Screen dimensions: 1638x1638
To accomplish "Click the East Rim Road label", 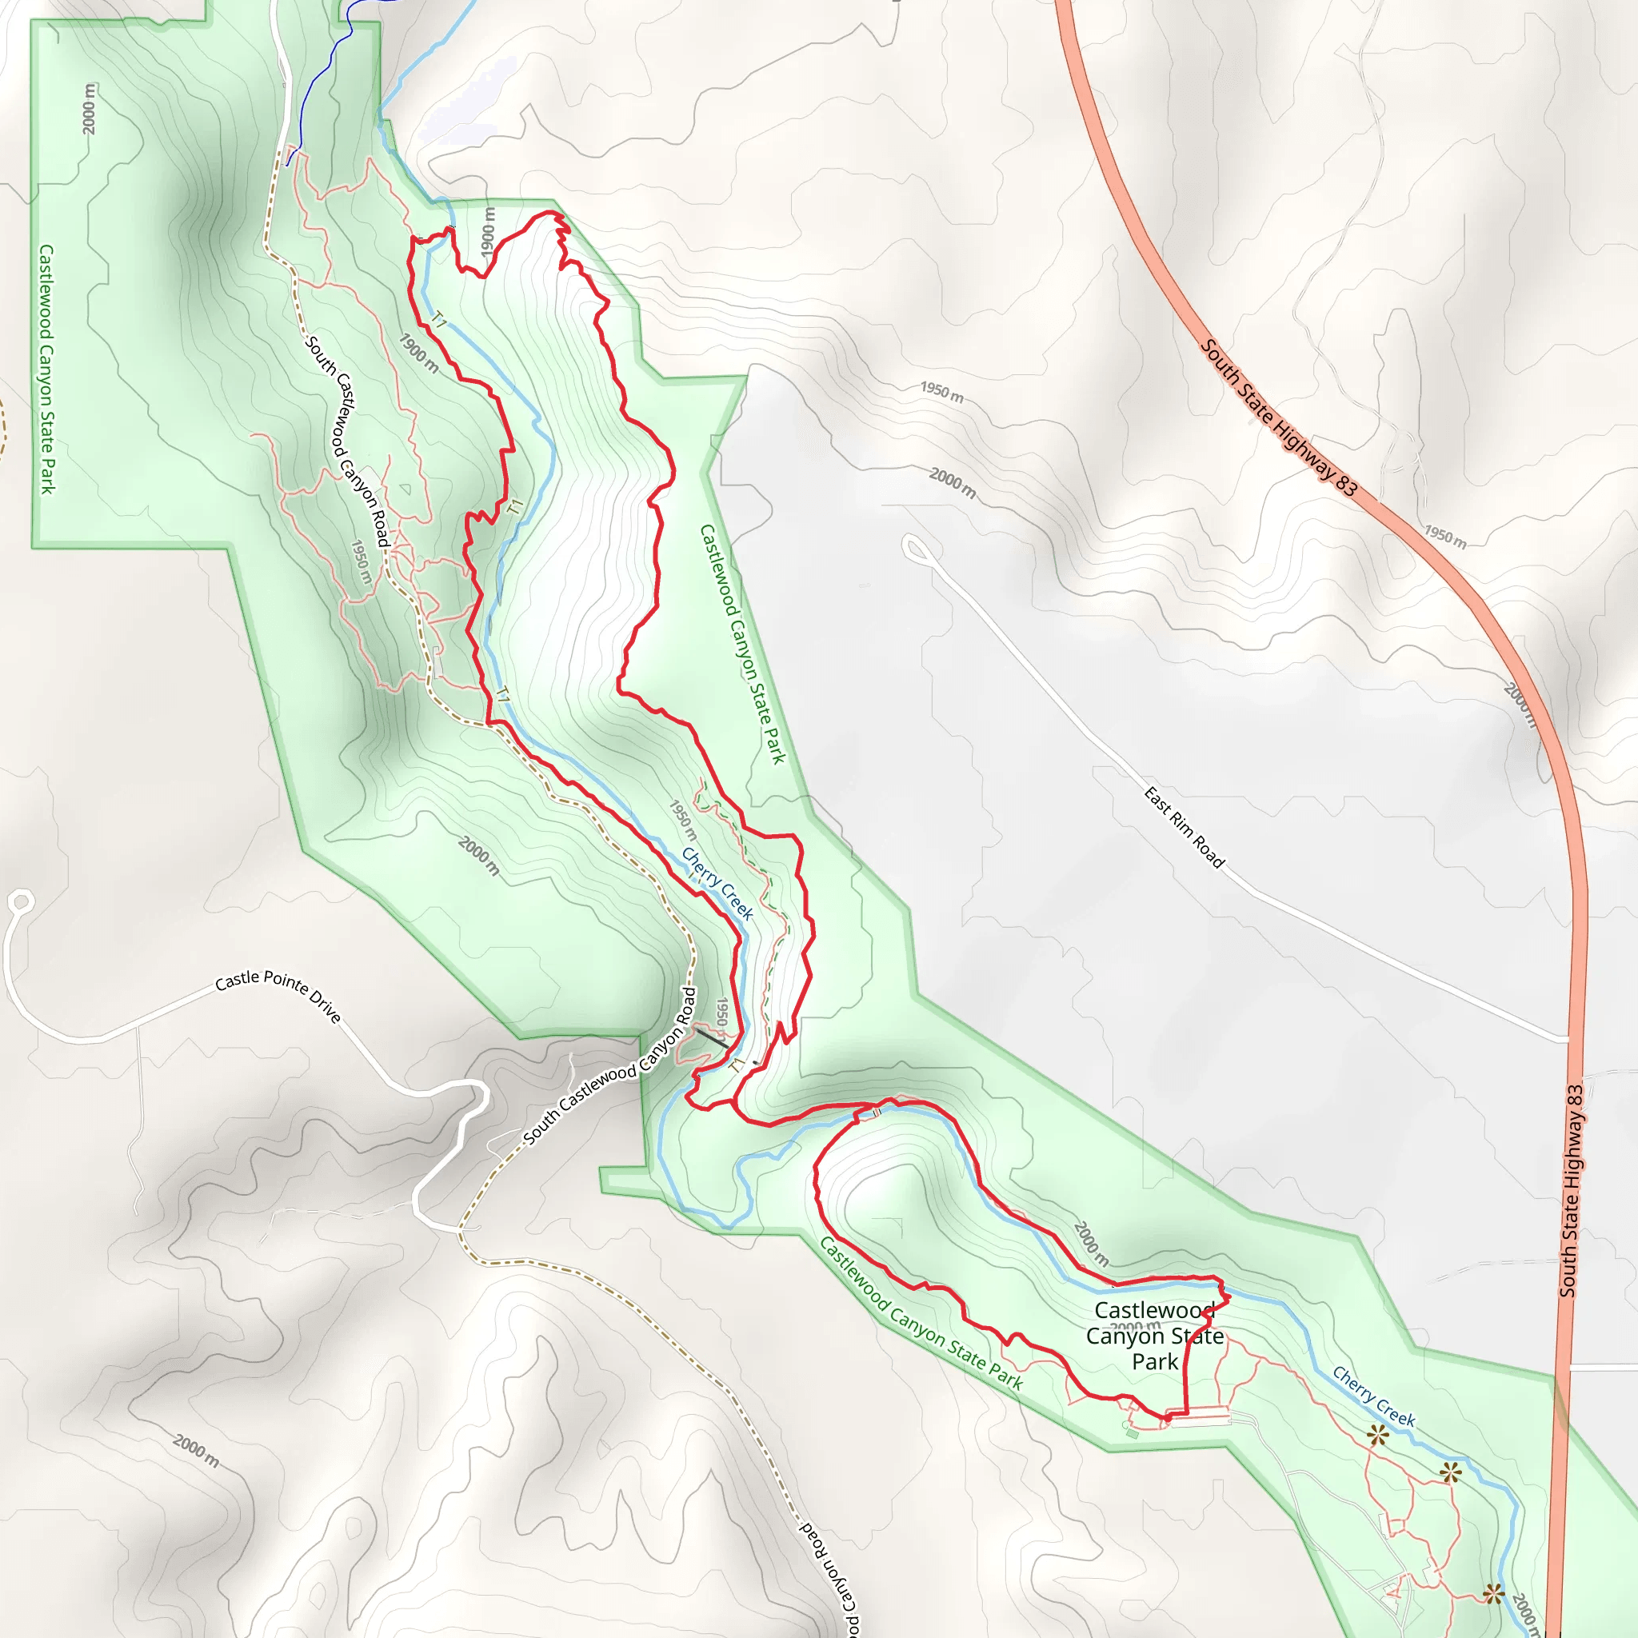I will (1184, 828).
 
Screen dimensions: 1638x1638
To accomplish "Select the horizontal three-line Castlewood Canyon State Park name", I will (1155, 1336).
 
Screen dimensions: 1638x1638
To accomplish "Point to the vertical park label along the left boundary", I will (46, 369).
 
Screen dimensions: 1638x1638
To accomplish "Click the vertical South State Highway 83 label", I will (1571, 1190).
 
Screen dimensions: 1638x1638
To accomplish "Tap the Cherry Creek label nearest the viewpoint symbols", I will (1373, 1396).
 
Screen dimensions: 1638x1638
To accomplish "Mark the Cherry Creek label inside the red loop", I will (717, 884).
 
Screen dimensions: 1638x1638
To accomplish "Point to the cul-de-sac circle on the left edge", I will (22, 902).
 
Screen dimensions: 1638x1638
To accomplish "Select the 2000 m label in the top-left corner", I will (90, 108).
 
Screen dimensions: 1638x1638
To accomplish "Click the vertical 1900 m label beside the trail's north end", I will (489, 230).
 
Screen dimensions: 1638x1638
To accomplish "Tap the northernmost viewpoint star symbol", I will (1378, 1436).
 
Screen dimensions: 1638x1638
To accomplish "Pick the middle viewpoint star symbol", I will (1451, 1472).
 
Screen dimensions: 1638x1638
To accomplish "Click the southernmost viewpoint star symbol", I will (1494, 1595).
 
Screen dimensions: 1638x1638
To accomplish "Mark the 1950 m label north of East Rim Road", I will (942, 393).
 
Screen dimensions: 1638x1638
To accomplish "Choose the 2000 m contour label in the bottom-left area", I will (197, 1451).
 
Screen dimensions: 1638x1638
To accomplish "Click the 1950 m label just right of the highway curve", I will (1444, 537).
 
